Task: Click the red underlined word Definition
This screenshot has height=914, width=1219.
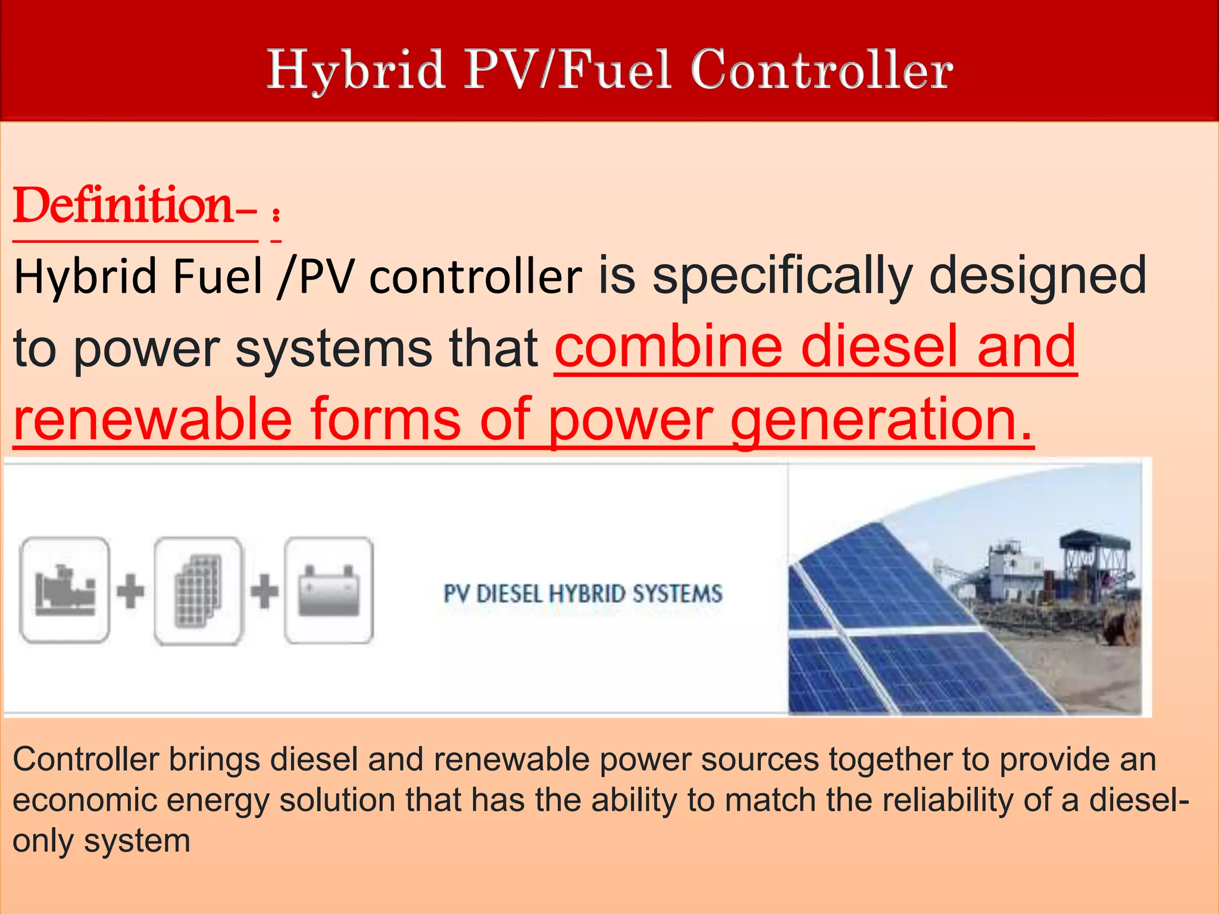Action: tap(123, 206)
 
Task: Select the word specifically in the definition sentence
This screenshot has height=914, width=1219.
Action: tap(782, 276)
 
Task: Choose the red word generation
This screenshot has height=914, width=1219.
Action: tap(881, 420)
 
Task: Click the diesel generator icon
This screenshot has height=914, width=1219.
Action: tap(65, 590)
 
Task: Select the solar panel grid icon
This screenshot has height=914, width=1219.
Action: tap(198, 590)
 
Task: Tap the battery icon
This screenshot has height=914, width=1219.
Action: tap(329, 590)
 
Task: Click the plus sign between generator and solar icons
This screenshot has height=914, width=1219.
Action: tap(131, 591)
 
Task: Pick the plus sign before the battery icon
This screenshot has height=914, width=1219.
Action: tap(264, 591)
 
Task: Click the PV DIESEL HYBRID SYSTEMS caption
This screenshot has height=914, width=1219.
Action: tap(583, 594)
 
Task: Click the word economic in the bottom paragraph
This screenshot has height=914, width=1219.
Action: tap(85, 800)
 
